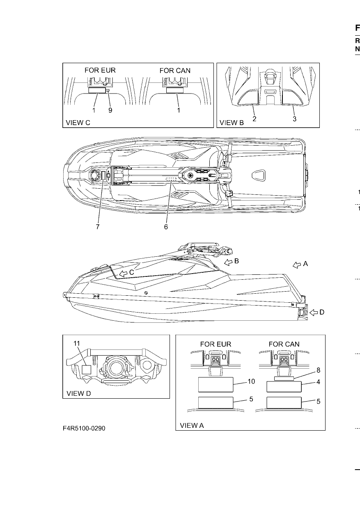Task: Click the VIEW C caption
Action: pos(78,123)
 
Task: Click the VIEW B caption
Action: pos(232,123)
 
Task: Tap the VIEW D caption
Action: pos(79,393)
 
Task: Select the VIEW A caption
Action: pos(192,425)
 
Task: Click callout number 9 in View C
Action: pos(110,110)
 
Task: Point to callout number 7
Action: pos(98,227)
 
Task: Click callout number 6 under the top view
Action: pos(166,227)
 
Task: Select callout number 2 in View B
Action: pos(255,119)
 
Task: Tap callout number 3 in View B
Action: pos(294,119)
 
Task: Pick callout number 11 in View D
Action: pos(77,343)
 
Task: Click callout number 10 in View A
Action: pos(251,381)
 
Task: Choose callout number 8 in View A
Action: pos(319,370)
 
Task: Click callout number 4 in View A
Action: pos(319,382)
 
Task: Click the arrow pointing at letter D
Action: pos(314,313)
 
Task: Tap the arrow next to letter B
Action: pos(228,262)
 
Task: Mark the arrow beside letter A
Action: pos(297,265)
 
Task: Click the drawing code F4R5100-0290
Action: pos(84,428)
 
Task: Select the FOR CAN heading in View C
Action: pos(175,71)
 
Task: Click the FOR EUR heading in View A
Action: pos(216,344)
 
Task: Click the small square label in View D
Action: pos(87,370)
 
